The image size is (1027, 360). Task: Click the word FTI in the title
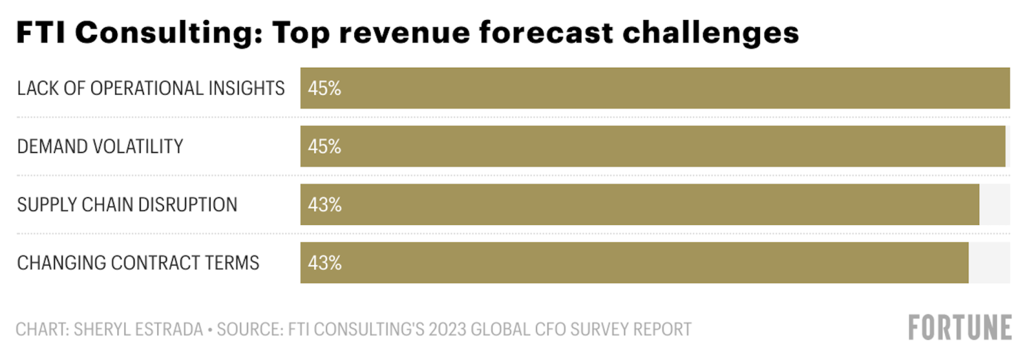coord(40,32)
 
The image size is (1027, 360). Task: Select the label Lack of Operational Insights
coord(151,89)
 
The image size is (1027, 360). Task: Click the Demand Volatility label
coord(100,146)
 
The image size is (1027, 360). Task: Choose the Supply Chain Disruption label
coord(127,205)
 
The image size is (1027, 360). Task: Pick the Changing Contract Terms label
coord(138,263)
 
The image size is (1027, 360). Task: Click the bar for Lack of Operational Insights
coord(655,89)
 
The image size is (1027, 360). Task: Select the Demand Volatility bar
coord(652,146)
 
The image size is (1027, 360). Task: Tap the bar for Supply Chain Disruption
coord(639,205)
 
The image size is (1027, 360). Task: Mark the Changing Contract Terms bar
coord(634,263)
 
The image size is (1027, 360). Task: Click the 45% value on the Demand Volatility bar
coord(324,146)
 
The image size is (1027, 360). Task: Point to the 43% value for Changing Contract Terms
coord(324,263)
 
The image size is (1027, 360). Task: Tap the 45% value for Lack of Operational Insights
coord(324,89)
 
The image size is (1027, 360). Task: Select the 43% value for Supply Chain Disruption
coord(324,205)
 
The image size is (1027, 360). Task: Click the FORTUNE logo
coord(960,327)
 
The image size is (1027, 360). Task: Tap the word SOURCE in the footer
coord(249,329)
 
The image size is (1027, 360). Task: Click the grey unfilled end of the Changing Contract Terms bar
coord(989,263)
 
